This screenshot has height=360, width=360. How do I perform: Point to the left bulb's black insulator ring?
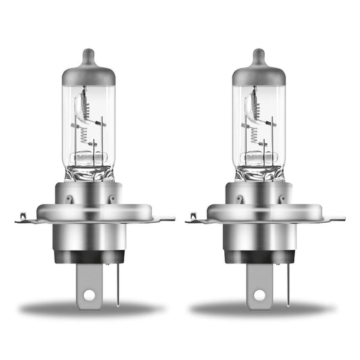(90, 257)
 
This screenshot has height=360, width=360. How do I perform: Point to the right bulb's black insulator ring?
(261, 257)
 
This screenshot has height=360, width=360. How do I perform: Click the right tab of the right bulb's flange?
(338, 218)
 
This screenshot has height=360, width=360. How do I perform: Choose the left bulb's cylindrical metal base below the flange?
(90, 236)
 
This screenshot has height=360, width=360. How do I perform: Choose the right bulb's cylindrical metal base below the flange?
(261, 236)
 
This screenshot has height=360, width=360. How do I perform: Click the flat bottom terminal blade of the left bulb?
(90, 280)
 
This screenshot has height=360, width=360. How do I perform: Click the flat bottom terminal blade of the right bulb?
(261, 280)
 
